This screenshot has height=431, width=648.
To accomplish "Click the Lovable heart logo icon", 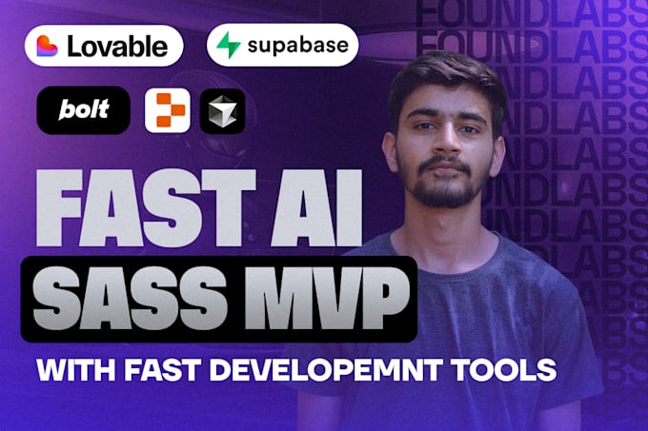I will pyautogui.click(x=49, y=45).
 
